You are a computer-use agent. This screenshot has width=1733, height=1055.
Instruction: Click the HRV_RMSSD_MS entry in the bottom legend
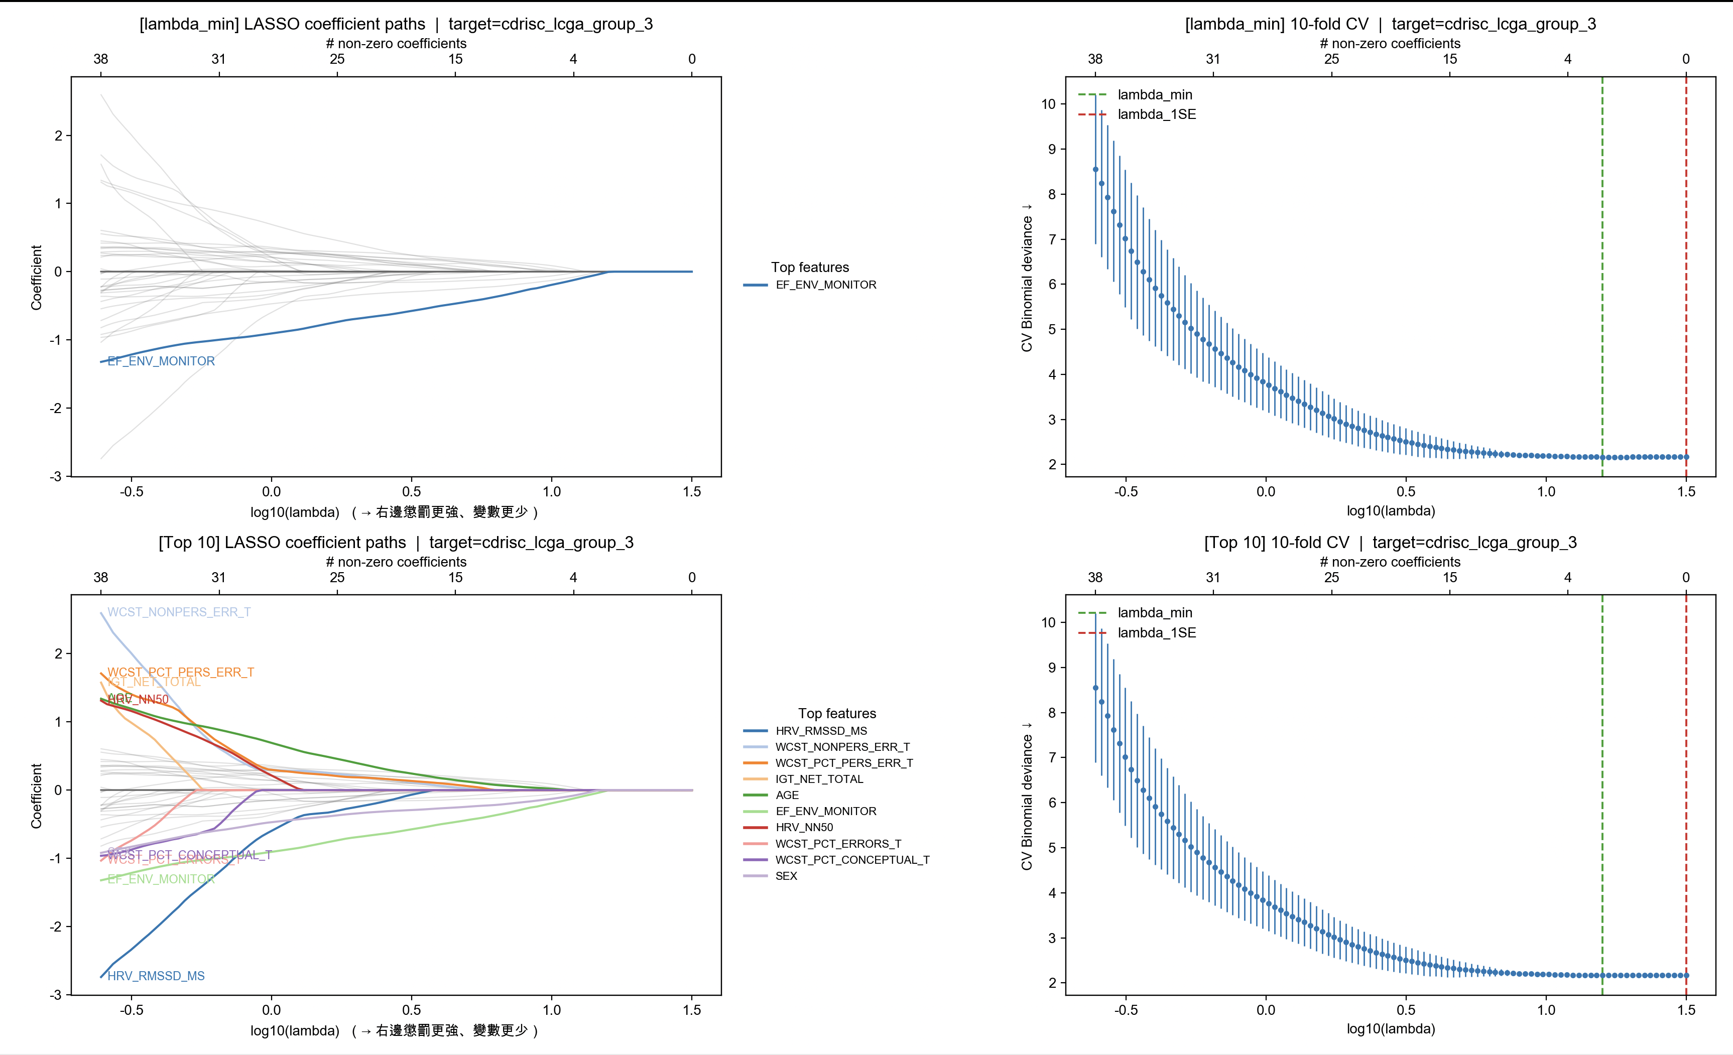click(821, 731)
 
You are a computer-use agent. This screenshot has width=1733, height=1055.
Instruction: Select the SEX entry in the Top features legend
click(786, 876)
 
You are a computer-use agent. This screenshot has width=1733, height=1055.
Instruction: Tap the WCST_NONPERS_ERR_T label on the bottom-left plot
click(179, 612)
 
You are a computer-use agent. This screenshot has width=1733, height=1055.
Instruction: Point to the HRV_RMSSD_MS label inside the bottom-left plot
click(156, 976)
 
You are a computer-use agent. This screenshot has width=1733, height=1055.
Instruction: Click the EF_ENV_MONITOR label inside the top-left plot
click(161, 361)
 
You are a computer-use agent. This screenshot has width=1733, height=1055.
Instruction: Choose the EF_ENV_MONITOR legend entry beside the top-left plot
click(826, 285)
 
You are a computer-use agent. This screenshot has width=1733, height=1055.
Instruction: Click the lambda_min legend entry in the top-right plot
click(1154, 94)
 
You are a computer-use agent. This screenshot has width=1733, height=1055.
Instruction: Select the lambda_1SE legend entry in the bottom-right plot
click(1156, 632)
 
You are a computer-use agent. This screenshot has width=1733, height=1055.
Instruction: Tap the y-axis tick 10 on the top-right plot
click(1048, 104)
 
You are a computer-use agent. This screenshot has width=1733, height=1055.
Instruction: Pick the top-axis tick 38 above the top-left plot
click(100, 59)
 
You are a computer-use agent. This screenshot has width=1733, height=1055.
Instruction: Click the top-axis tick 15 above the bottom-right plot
click(1449, 577)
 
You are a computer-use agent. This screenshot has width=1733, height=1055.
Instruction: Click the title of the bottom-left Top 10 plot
click(396, 542)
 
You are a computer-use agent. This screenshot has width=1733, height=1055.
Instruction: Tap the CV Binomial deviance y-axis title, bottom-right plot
click(1027, 796)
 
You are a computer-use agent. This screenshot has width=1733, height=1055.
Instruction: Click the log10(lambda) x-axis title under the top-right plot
click(1391, 510)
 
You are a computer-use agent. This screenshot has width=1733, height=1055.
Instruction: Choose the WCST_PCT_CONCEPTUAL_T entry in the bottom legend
click(852, 859)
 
